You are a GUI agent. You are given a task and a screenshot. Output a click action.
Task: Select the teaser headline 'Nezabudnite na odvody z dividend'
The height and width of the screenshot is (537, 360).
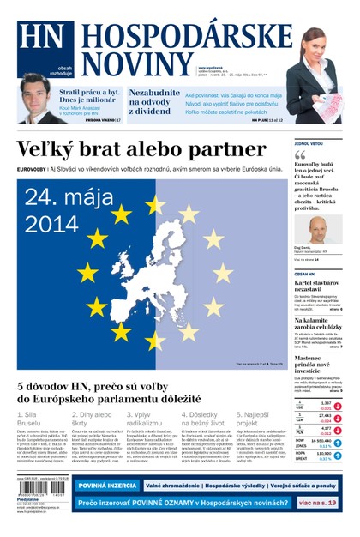154,102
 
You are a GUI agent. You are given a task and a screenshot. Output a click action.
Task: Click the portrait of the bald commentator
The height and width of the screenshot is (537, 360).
319,230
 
